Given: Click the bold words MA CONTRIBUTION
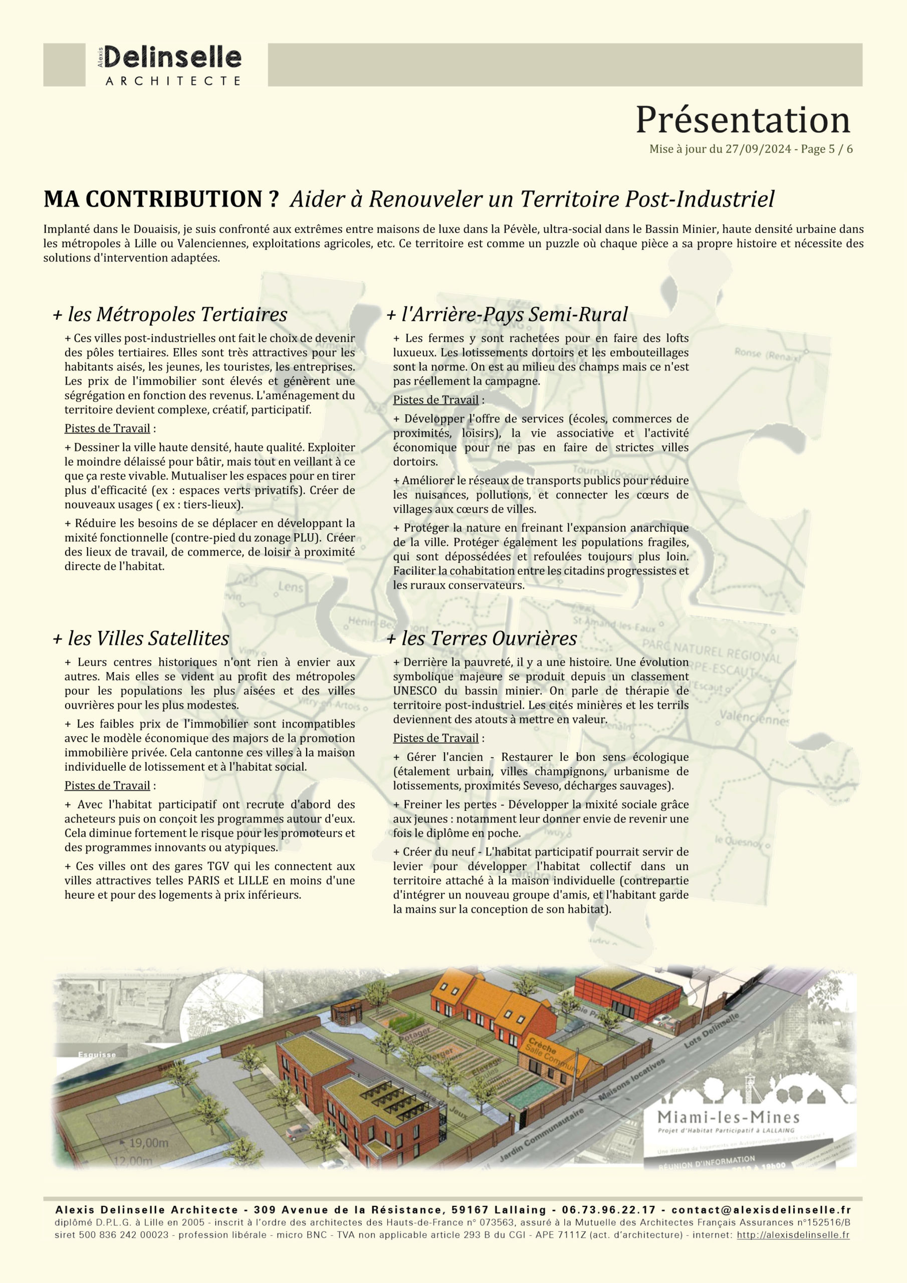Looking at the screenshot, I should tap(161, 199).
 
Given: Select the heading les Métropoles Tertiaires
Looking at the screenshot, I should tap(170, 314).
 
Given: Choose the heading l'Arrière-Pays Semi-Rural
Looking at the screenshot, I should tap(508, 314).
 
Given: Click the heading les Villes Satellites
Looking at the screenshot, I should tap(141, 638).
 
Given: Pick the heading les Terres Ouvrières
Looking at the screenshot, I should tap(482, 638).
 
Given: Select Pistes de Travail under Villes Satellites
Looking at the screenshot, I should tap(107, 786).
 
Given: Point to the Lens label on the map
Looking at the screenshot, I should tap(291, 587).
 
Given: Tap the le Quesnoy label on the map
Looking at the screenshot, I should tap(739, 841).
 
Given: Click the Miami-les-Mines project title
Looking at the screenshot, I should tap(728, 1117).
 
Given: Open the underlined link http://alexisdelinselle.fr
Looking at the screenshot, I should tap(793, 1235).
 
